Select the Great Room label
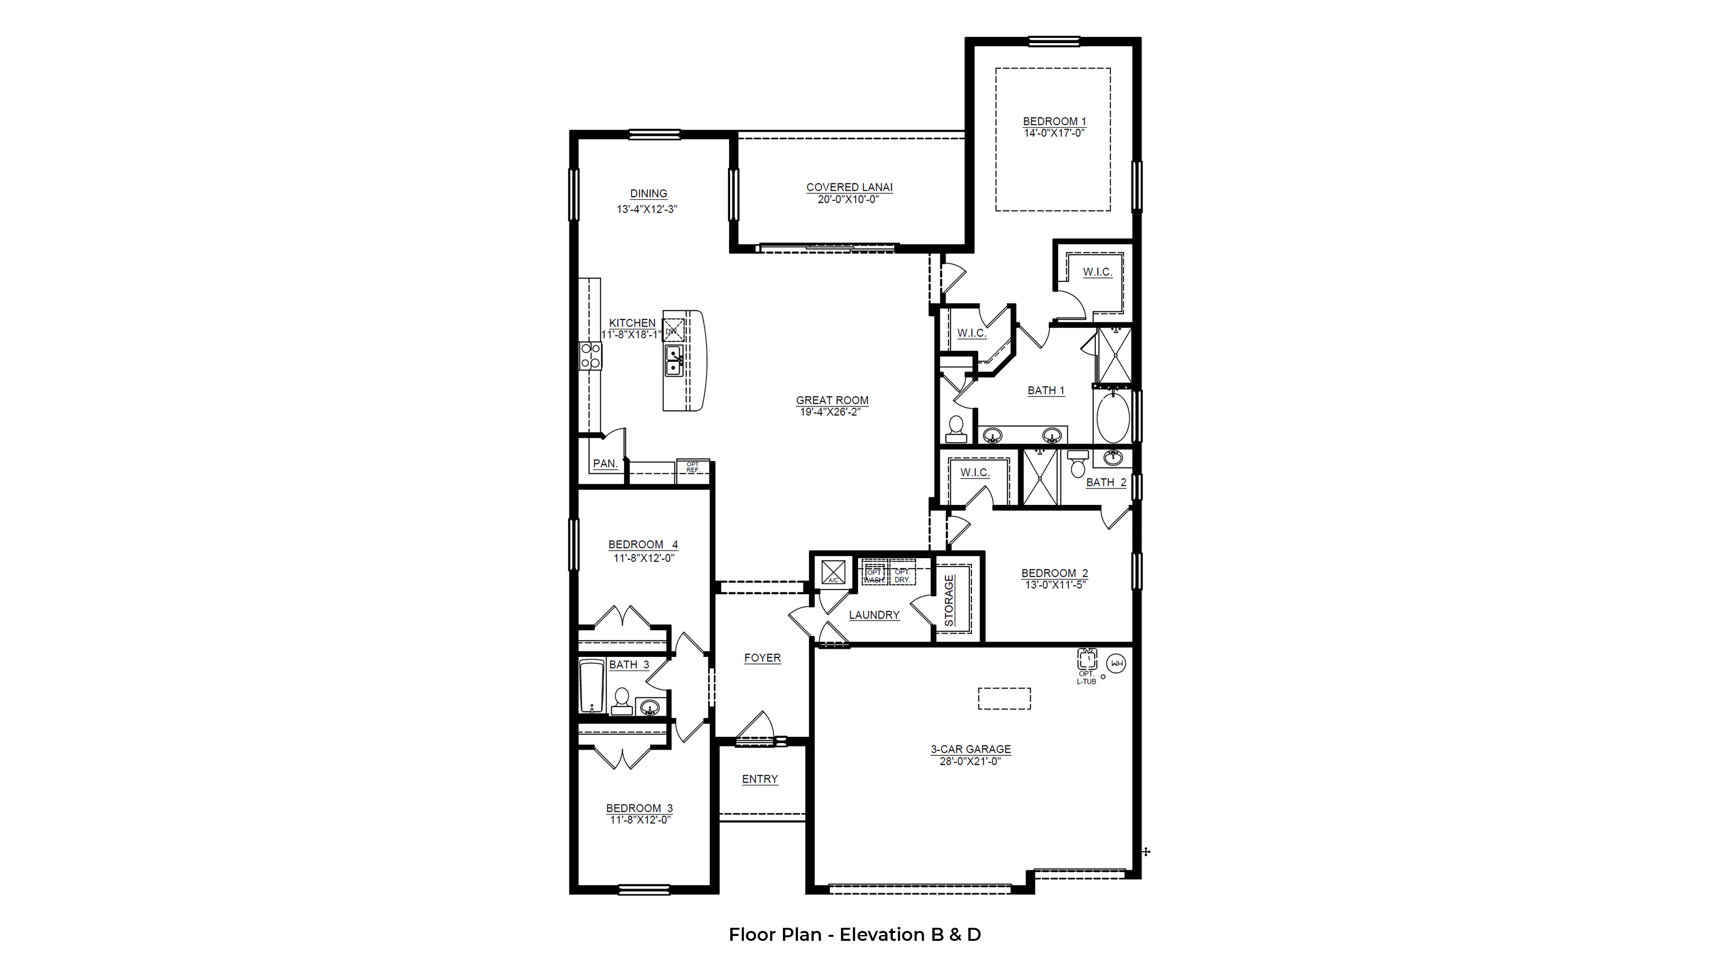click(832, 400)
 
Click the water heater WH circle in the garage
click(1116, 663)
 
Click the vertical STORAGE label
click(949, 600)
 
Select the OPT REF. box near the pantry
click(693, 468)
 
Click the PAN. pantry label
click(605, 463)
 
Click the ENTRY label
click(760, 779)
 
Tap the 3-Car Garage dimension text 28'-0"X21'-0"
click(970, 761)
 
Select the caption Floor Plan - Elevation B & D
click(855, 935)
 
